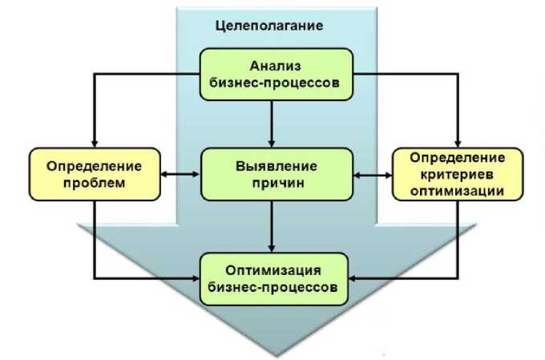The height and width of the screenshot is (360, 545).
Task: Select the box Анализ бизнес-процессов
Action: pos(275,74)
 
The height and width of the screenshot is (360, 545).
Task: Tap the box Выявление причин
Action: pos(277,175)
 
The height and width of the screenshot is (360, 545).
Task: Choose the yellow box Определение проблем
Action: pos(94,175)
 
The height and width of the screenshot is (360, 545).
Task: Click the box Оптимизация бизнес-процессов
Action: pos(277,277)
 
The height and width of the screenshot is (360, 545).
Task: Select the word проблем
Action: pos(94,184)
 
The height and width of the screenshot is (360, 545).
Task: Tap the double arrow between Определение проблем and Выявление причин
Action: pos(180,173)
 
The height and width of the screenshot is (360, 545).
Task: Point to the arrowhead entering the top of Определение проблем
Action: pos(94,142)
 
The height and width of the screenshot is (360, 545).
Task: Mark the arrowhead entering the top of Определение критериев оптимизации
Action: pos(458,142)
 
